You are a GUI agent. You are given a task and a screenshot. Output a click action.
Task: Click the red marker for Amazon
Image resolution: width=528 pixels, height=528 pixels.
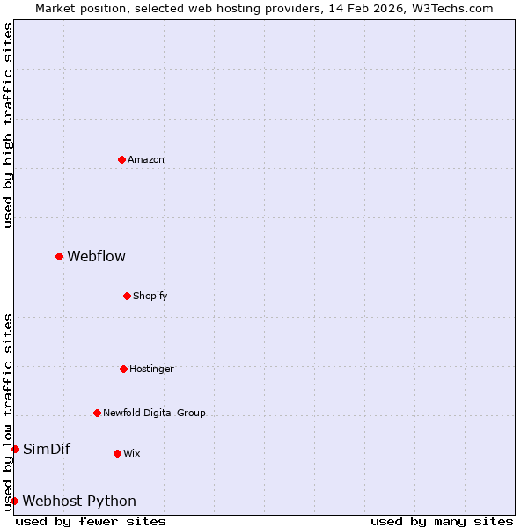tap(121, 159)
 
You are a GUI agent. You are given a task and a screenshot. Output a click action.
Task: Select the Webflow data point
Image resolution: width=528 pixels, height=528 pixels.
tap(59, 256)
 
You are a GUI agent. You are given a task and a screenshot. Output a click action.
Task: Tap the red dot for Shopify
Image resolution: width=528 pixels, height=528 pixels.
tap(127, 296)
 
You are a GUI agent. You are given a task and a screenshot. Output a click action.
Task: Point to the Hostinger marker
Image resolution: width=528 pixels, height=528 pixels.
tap(123, 369)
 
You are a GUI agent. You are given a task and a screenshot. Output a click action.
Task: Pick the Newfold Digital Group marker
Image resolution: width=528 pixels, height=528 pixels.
tap(97, 413)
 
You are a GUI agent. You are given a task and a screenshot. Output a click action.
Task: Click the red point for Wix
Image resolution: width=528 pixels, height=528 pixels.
tap(117, 453)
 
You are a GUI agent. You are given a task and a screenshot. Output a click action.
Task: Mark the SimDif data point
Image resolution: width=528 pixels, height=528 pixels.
tap(15, 449)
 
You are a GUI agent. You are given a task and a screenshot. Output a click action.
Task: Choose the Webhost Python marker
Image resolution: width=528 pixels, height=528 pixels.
tap(14, 501)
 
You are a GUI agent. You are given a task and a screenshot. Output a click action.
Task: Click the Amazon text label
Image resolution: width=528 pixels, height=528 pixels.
tap(146, 160)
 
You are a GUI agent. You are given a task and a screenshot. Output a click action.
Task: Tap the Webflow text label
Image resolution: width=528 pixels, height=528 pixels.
tap(96, 257)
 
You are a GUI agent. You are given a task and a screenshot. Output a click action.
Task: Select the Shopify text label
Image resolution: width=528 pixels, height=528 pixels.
tap(150, 297)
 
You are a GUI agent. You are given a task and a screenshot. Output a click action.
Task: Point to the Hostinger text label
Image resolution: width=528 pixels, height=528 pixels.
tap(151, 370)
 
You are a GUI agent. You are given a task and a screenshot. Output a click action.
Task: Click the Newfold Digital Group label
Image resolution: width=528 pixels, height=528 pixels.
tap(154, 414)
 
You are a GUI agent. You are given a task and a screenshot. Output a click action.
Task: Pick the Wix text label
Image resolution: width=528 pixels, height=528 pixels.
tap(131, 454)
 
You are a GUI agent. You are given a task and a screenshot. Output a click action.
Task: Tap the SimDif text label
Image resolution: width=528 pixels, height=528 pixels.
tap(46, 450)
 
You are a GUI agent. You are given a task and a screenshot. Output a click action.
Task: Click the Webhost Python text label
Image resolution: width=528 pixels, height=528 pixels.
tap(79, 502)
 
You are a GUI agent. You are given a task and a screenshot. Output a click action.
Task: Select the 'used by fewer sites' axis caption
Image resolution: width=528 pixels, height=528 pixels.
tap(91, 521)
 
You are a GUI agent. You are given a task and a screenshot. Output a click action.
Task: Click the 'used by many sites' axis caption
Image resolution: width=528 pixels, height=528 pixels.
tap(442, 521)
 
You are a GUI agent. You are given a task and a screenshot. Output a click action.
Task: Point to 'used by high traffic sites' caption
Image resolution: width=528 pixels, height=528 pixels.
tap(8, 125)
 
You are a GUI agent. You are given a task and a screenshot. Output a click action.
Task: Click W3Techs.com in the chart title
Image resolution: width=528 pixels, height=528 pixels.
tap(450, 8)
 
